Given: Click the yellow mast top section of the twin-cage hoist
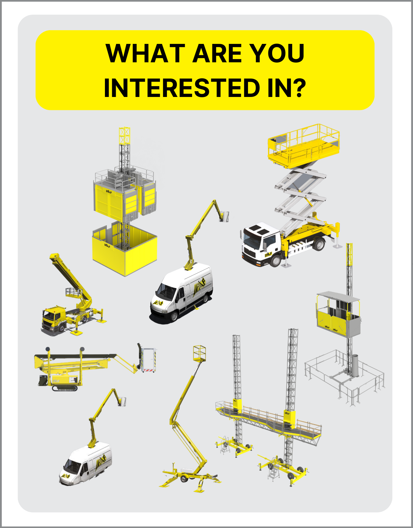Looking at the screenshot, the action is coord(124,136).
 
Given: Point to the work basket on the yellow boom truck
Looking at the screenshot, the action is coord(73,292).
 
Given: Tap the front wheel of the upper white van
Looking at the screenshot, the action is coord(174,316).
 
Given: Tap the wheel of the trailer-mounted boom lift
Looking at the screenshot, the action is coord(184,478).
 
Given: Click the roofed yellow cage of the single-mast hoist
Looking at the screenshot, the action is coord(338,313).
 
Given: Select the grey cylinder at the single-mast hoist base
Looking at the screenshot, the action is coord(355,366).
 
